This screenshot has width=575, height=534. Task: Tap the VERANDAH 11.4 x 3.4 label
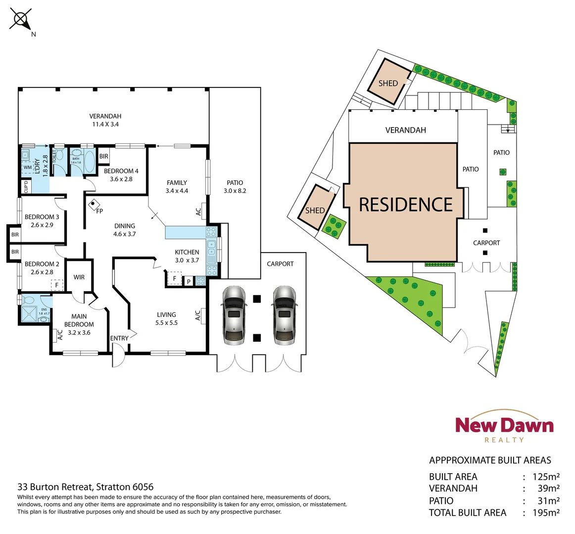click(105, 120)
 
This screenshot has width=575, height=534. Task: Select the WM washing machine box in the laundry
click(28, 168)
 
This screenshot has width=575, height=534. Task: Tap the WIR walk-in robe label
click(79, 277)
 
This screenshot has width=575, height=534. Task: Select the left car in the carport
click(234, 315)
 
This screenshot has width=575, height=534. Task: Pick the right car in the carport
click(284, 315)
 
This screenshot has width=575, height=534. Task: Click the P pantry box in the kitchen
click(189, 281)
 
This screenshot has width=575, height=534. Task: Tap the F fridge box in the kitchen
click(174, 279)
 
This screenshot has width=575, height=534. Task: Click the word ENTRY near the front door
click(119, 338)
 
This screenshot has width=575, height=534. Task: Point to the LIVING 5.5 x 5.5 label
click(166, 318)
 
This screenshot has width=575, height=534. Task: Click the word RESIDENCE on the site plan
click(406, 205)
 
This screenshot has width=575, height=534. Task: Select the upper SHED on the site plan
click(388, 83)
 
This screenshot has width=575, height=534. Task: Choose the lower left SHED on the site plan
click(316, 208)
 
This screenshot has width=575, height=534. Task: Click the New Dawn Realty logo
click(504, 426)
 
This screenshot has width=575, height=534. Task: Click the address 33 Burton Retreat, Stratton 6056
click(86, 487)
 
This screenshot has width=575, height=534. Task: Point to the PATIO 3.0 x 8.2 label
click(235, 186)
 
